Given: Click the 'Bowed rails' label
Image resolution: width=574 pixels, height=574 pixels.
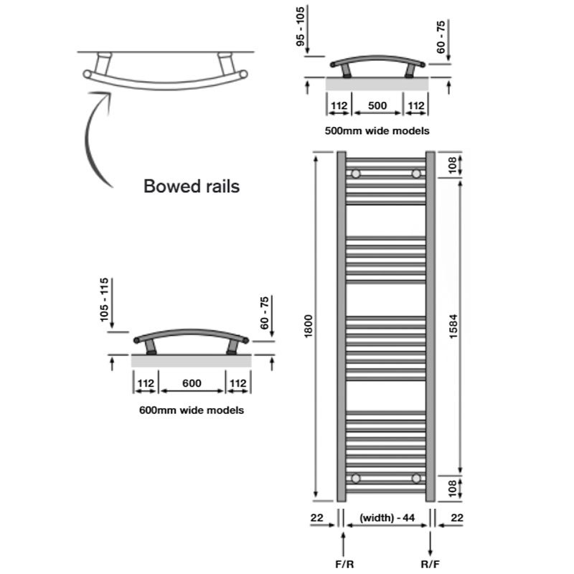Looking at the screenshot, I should click(x=192, y=187).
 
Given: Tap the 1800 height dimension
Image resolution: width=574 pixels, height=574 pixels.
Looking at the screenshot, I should click(x=309, y=327).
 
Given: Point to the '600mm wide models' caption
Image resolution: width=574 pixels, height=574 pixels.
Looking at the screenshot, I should click(x=191, y=411).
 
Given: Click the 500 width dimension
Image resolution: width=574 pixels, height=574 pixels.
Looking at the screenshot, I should click(x=377, y=106).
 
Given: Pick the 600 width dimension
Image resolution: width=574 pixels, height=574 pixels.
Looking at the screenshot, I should click(x=191, y=383).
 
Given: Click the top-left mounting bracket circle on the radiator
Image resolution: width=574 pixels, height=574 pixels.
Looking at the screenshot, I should click(x=356, y=174).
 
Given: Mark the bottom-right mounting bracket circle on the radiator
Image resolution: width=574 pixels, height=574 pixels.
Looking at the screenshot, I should click(x=416, y=478).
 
